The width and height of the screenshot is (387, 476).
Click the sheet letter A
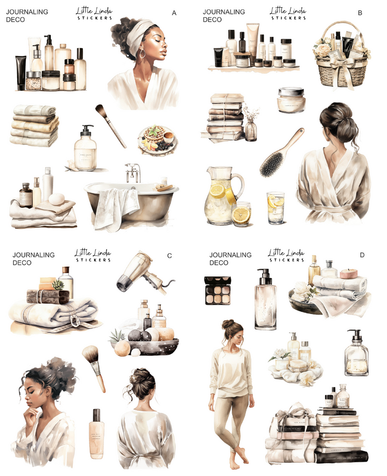tap(174, 12)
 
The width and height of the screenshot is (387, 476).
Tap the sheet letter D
tap(362, 255)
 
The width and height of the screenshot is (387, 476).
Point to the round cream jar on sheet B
tap(291, 100)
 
